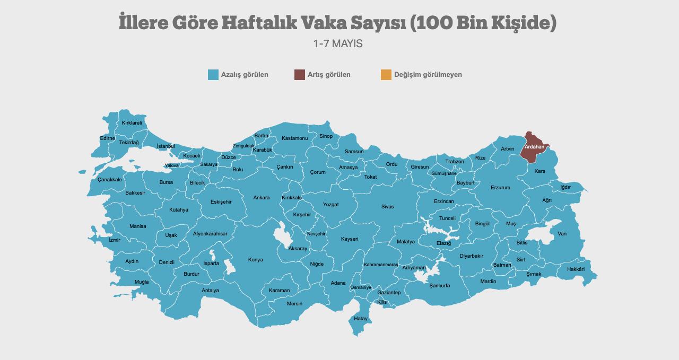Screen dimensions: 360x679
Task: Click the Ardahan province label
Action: (534, 146)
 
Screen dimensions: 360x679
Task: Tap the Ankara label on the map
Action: (261, 198)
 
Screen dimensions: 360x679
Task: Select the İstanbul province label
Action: (166, 146)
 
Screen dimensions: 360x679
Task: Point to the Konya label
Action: (255, 260)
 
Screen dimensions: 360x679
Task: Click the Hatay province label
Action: (361, 319)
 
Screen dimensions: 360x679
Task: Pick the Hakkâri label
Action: (576, 269)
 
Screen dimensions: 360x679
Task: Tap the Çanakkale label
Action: (110, 180)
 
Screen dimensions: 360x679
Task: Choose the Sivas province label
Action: (387, 207)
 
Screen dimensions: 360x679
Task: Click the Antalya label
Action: (210, 291)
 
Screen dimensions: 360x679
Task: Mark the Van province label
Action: (562, 234)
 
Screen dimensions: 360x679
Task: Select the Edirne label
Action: (107, 138)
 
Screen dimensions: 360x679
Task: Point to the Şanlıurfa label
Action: (439, 286)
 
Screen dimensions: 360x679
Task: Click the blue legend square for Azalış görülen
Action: (213, 75)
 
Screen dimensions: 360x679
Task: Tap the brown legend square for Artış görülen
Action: (300, 75)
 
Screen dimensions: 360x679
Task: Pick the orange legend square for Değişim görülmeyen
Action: (386, 75)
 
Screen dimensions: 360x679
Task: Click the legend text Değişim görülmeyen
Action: (428, 75)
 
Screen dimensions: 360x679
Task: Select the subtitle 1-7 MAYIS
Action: (338, 44)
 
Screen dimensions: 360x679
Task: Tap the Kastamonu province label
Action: (294, 138)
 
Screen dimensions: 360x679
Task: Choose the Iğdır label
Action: (565, 187)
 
